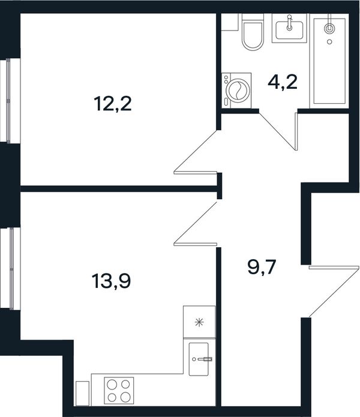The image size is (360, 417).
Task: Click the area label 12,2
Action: click(x=112, y=104)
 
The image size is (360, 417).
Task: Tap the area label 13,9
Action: click(x=112, y=281)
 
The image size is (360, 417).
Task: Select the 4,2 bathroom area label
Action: click(x=283, y=82)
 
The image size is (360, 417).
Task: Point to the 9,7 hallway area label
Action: click(x=262, y=267)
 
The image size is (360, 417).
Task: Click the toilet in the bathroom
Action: click(x=253, y=32)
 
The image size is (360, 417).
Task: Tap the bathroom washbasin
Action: click(x=289, y=28)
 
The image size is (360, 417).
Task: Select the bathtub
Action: click(x=329, y=61)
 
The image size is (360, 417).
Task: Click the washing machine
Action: click(x=236, y=91)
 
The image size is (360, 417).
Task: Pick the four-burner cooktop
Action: click(x=119, y=391)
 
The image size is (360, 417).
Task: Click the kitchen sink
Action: click(x=199, y=359)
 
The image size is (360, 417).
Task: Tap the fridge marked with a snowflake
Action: click(x=199, y=322)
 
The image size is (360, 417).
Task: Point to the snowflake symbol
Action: click(x=199, y=323)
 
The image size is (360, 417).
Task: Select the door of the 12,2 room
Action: click(x=196, y=152)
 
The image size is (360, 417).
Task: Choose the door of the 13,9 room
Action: click(x=196, y=224)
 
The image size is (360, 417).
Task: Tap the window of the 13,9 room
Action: click(x=11, y=269)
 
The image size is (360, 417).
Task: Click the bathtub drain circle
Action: click(x=329, y=42)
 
